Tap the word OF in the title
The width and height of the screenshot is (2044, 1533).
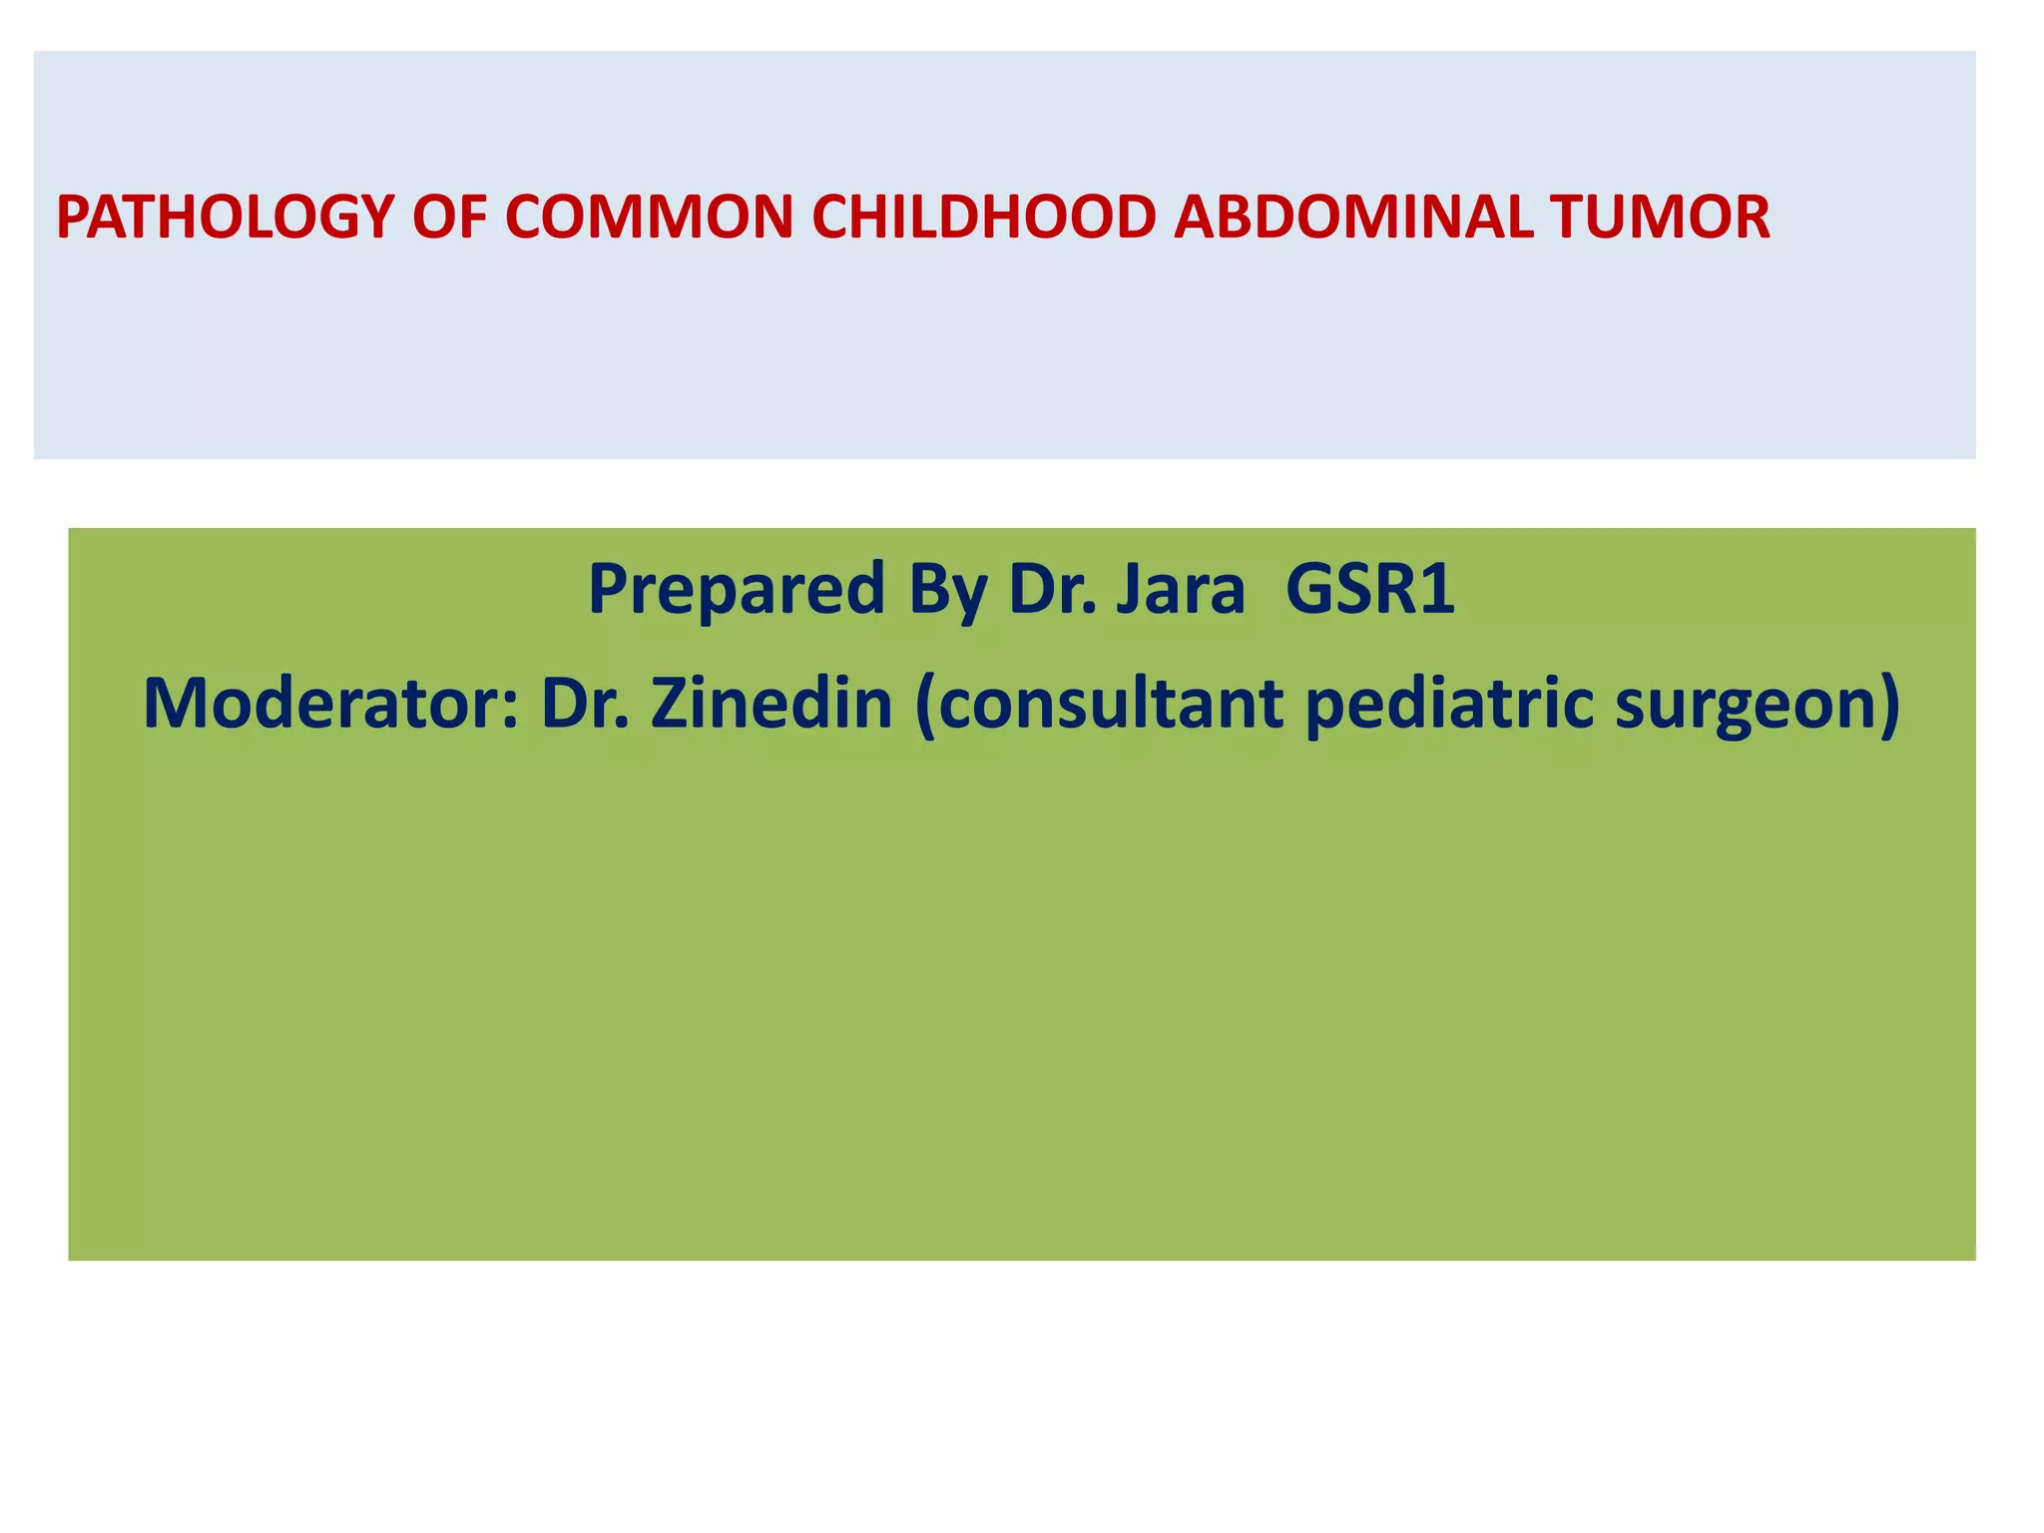(x=449, y=218)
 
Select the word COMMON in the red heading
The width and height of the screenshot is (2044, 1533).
(x=649, y=218)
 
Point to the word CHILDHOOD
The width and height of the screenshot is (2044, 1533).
(x=983, y=218)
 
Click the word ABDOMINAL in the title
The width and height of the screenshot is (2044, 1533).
(x=1352, y=218)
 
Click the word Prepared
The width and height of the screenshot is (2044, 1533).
(x=737, y=589)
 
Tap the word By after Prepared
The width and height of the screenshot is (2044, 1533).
(x=947, y=589)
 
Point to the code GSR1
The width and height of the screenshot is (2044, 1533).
(x=1370, y=589)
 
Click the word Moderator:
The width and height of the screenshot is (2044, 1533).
(x=330, y=704)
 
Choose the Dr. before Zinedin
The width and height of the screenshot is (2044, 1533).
(x=585, y=704)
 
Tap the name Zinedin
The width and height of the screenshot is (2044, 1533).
(x=771, y=704)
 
